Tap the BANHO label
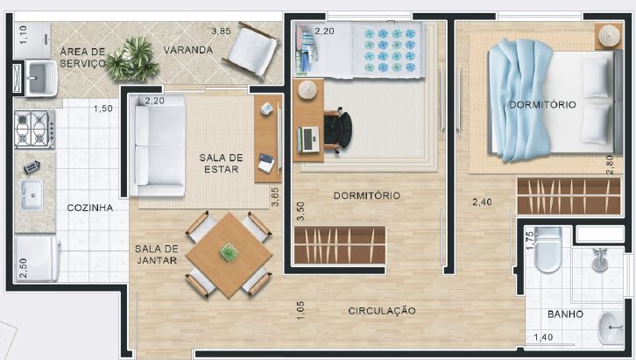point(566,314)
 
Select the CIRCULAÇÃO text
point(381,311)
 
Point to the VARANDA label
point(187,50)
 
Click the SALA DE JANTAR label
point(157,254)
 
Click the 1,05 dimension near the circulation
point(300,310)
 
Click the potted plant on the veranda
point(131,57)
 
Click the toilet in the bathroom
point(548,250)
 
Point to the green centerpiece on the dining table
point(230,253)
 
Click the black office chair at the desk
point(338,131)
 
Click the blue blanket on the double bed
point(520,101)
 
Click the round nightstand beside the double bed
point(608,36)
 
